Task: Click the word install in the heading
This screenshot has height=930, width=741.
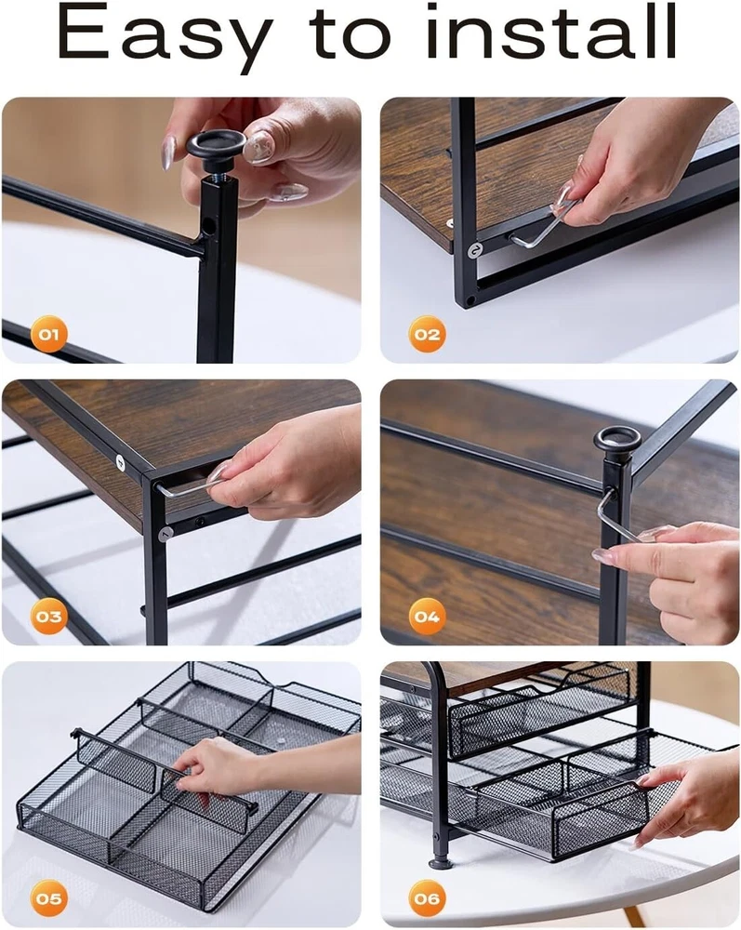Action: pyautogui.click(x=551, y=32)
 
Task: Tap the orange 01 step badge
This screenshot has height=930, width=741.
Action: pyautogui.click(x=48, y=334)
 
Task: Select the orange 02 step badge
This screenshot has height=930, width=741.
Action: pyautogui.click(x=427, y=334)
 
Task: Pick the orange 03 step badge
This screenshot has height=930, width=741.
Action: pyautogui.click(x=48, y=617)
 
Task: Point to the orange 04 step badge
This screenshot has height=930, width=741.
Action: pyautogui.click(x=427, y=617)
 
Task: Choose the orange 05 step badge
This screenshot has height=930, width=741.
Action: pyautogui.click(x=48, y=898)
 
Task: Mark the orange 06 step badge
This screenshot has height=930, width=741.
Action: pyautogui.click(x=427, y=898)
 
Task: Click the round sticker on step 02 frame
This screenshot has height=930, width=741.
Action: pyautogui.click(x=475, y=250)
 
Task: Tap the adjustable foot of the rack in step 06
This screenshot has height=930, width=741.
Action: pyautogui.click(x=440, y=860)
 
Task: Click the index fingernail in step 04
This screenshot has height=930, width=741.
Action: pyautogui.click(x=603, y=556)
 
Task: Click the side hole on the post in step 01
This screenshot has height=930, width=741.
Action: pyautogui.click(x=208, y=225)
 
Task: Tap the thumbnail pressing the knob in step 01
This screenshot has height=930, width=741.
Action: pyautogui.click(x=259, y=147)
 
